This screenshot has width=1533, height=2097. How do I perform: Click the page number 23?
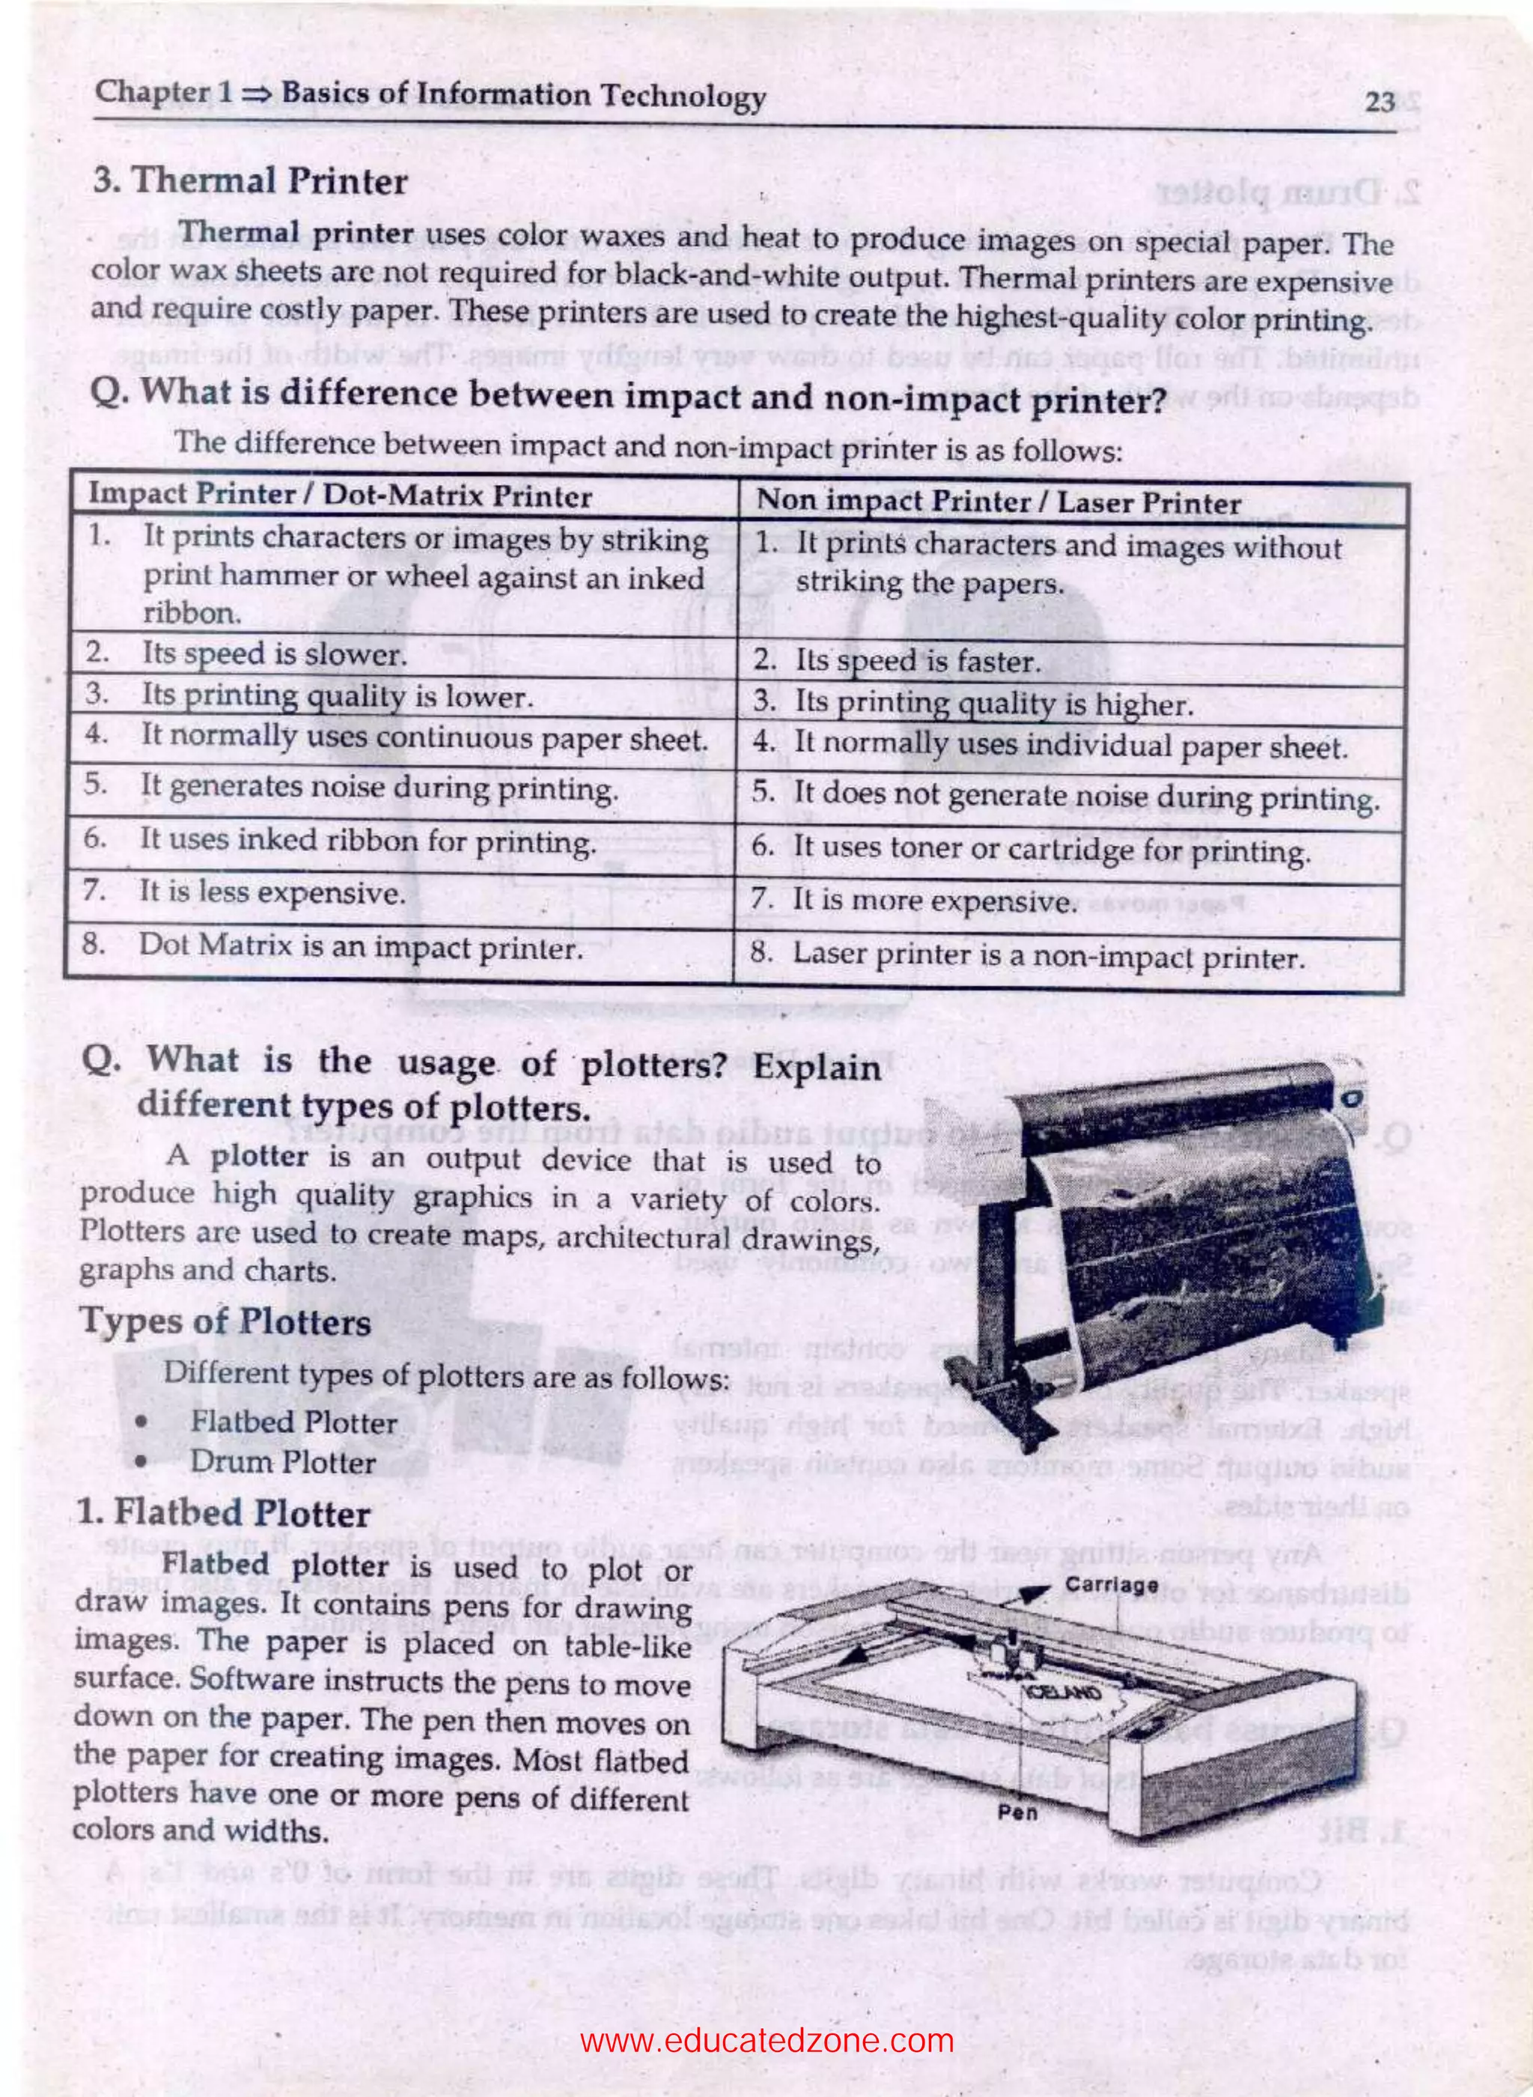click(1380, 102)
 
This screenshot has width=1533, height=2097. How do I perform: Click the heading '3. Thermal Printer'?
click(251, 181)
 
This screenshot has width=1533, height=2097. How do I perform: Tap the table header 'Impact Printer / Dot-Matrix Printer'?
click(340, 496)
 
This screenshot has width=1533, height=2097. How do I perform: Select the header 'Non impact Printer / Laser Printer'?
click(999, 503)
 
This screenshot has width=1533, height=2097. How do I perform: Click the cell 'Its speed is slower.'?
click(274, 655)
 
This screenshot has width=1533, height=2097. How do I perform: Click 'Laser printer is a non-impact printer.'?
click(1049, 956)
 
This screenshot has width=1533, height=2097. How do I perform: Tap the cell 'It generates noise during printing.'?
click(379, 788)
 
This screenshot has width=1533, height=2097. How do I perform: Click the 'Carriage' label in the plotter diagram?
click(1111, 1585)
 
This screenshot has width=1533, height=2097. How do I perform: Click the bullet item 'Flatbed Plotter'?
click(293, 1422)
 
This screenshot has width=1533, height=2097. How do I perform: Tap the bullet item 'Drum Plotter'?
click(282, 1462)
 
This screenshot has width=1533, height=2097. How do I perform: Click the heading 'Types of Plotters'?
click(225, 1321)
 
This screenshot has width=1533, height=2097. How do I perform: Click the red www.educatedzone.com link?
click(766, 2015)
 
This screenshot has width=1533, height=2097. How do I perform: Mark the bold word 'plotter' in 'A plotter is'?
click(259, 1157)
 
